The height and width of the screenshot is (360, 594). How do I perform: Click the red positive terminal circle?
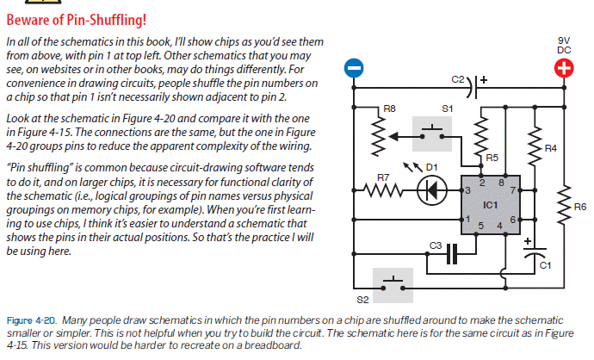click(x=565, y=70)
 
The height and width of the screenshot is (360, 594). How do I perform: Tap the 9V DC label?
click(x=564, y=45)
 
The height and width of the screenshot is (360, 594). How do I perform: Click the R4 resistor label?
click(x=551, y=149)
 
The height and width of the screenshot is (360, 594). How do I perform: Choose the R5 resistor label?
click(x=492, y=158)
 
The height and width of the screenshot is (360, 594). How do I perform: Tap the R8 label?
click(x=389, y=109)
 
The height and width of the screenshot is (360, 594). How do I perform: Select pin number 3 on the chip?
click(x=467, y=189)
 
